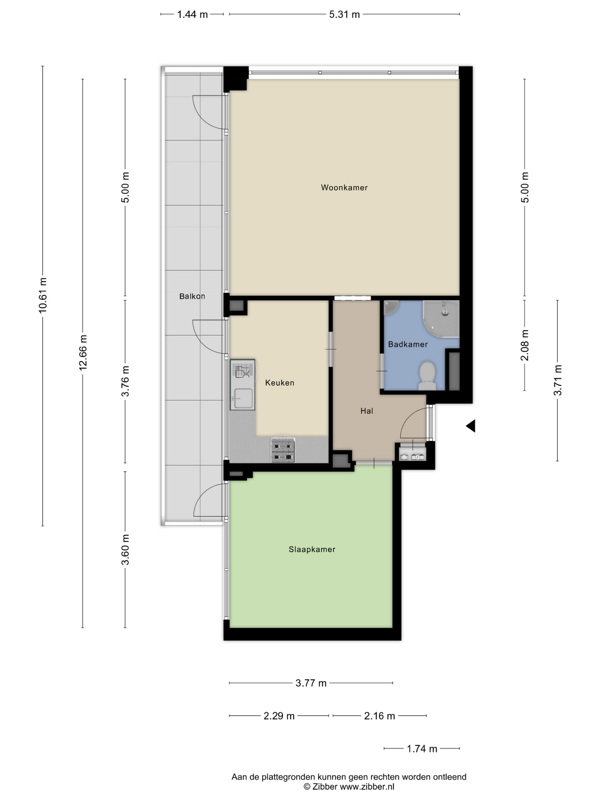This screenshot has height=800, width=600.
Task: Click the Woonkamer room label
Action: (x=344, y=187)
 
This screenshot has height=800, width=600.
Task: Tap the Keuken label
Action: (x=279, y=383)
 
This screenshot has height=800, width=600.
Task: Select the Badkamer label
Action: (x=408, y=344)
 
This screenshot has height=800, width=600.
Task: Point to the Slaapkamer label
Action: (x=312, y=549)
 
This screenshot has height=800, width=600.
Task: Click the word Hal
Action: (x=366, y=411)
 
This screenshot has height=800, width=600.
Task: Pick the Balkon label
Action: (x=192, y=296)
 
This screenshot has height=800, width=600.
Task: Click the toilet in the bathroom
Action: (x=427, y=376)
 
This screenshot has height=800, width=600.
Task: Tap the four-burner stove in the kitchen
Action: (x=283, y=449)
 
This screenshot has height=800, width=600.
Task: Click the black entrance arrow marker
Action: (x=471, y=426)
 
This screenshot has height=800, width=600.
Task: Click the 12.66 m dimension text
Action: (x=83, y=353)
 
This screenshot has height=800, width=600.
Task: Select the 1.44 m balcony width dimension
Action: (x=192, y=15)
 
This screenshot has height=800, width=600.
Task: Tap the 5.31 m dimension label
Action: (x=344, y=15)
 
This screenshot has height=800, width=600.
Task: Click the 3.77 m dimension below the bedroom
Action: (x=311, y=683)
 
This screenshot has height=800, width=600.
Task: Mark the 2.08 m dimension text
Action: (x=525, y=345)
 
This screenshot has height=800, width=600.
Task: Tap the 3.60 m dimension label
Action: (x=125, y=549)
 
